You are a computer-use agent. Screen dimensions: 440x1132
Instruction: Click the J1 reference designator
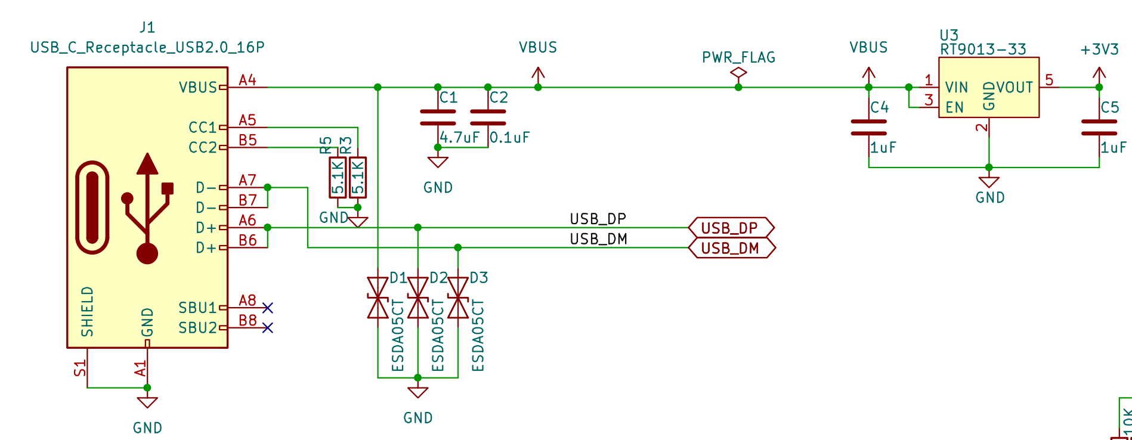click(x=147, y=27)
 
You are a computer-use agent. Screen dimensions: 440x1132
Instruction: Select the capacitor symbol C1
click(x=438, y=117)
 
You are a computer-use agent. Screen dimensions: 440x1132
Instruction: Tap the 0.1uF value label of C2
click(x=509, y=138)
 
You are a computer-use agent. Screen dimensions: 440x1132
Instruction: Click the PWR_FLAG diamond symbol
click(x=738, y=73)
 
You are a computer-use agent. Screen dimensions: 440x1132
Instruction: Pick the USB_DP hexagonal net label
click(x=731, y=228)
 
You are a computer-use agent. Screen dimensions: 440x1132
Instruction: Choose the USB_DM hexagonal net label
click(x=731, y=248)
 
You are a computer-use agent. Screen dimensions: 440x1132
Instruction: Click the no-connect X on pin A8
click(x=267, y=308)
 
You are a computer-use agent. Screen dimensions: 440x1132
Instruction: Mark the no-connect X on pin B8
click(x=267, y=328)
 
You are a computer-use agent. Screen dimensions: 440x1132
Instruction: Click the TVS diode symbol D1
click(x=378, y=298)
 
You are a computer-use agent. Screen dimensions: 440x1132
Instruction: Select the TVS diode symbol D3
click(x=457, y=298)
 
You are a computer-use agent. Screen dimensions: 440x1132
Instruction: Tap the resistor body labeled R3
click(x=358, y=177)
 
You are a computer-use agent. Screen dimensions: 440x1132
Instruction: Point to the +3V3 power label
click(x=1099, y=50)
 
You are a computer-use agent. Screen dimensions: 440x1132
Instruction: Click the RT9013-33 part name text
click(x=983, y=49)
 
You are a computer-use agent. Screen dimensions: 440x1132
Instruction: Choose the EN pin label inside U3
click(x=954, y=108)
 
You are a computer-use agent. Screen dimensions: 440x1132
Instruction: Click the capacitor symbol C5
click(x=1099, y=128)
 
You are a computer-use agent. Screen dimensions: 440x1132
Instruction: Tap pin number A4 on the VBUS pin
click(x=247, y=80)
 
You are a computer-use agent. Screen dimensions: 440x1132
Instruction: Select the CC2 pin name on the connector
click(x=202, y=147)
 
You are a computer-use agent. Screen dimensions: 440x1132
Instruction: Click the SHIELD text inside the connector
click(x=88, y=311)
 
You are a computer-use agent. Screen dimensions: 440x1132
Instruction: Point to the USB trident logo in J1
click(x=147, y=209)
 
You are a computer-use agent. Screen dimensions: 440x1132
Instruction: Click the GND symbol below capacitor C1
click(x=438, y=162)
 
